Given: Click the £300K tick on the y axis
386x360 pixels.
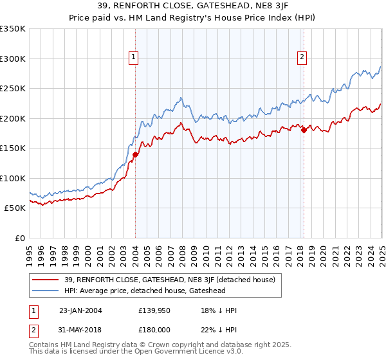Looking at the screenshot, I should (13, 59).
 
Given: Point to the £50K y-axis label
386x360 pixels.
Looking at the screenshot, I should (15, 208).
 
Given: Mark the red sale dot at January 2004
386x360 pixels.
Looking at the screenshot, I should (136, 154).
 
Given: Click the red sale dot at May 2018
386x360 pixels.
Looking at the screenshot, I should (304, 130).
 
